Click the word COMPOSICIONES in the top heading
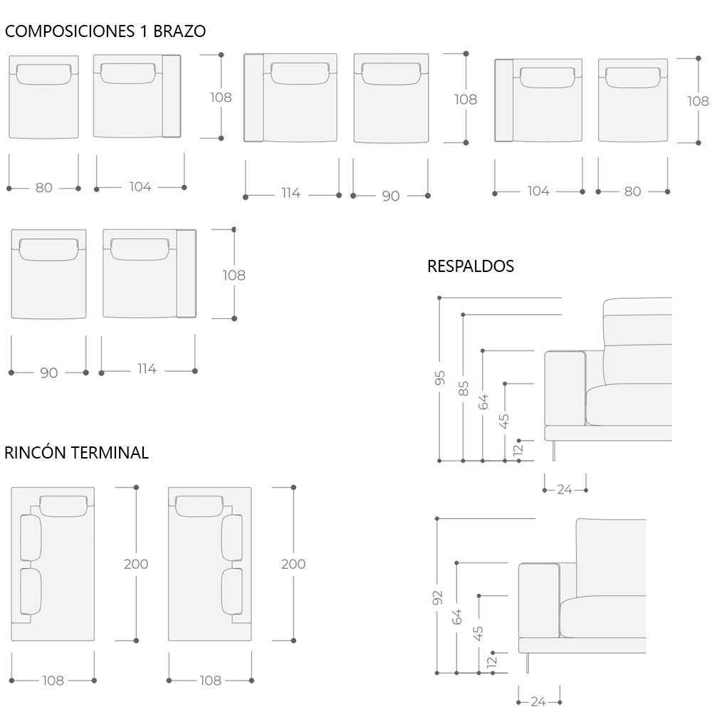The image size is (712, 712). pos(68,31)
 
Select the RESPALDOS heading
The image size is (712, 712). pos(471,266)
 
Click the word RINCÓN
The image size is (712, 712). pos(36,453)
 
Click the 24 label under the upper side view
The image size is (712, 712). pos(565,490)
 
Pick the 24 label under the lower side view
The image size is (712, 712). pos(538,702)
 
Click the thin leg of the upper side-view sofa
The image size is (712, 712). pos(554,450)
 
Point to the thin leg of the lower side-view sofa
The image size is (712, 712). pos(528,662)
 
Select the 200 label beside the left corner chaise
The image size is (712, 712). pos(136,564)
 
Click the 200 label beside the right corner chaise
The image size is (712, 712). pos(293,564)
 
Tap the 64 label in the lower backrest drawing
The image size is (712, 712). pos(457,616)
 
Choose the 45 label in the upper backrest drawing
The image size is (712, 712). pos(506,421)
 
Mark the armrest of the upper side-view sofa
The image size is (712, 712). pos(565,387)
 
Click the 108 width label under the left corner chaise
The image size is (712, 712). pos(53,681)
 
